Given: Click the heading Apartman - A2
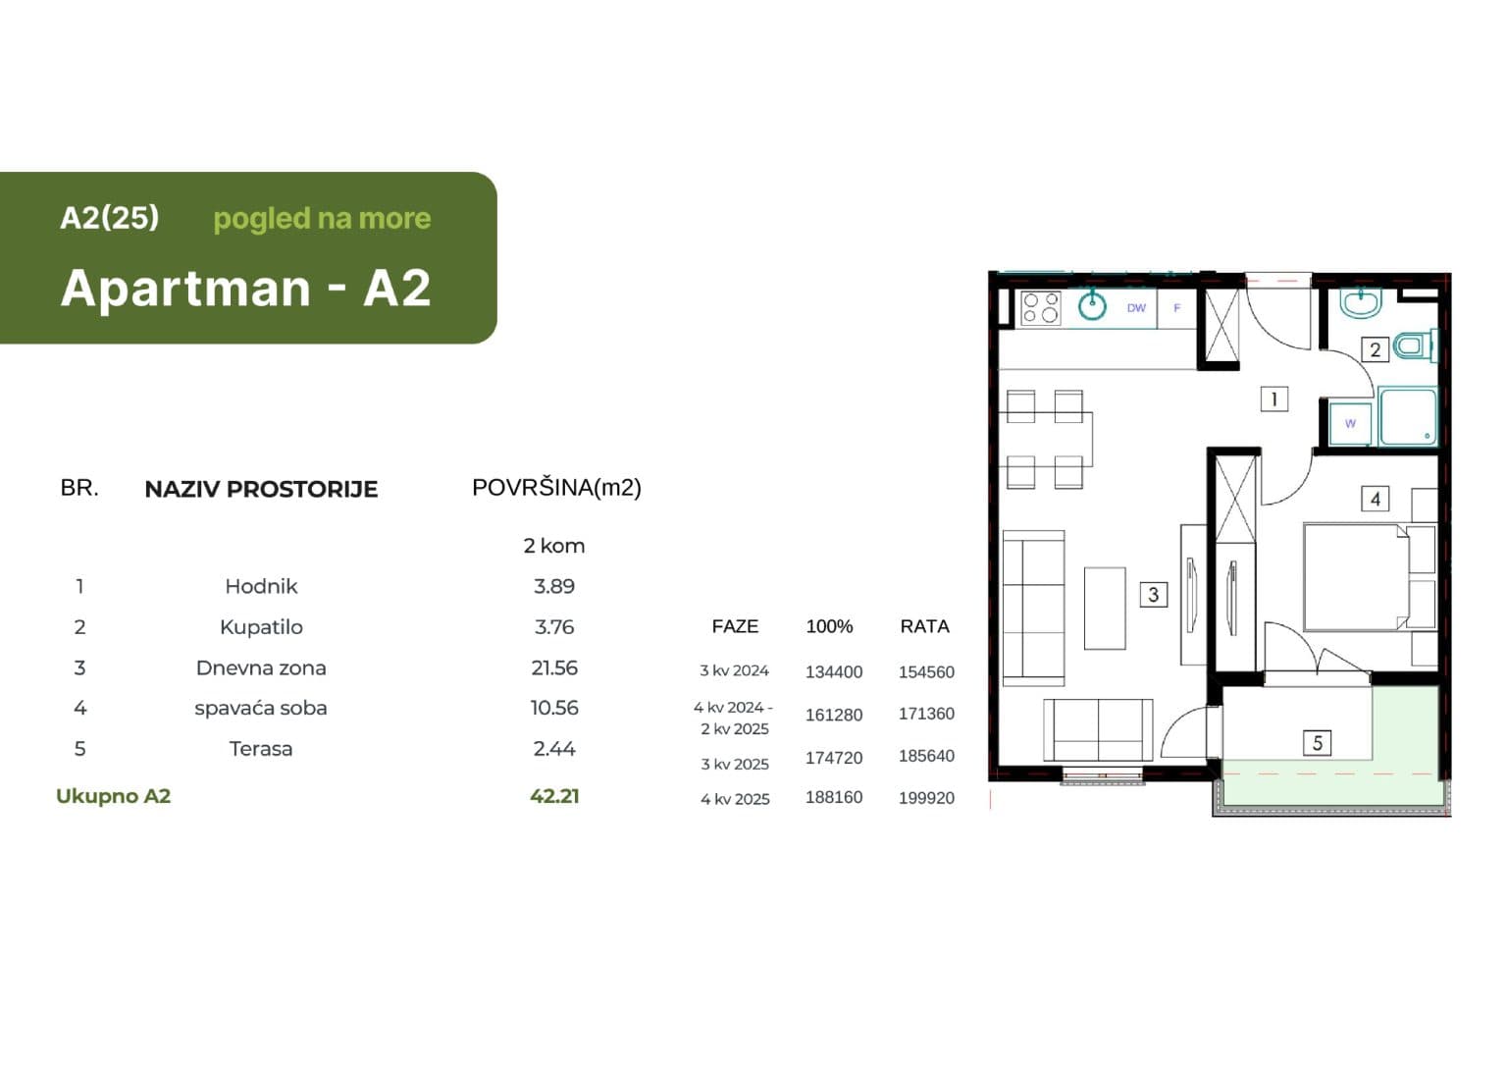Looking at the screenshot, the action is tap(245, 288).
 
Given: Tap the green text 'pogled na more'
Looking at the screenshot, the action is tap(322, 219).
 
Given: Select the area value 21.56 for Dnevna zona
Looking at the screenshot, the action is tap(554, 667).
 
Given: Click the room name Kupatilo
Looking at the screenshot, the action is tap(261, 627).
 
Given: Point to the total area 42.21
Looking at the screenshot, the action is tap(554, 796).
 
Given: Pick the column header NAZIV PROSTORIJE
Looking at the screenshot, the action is tap(261, 489).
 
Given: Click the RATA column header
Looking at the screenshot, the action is tap(924, 626).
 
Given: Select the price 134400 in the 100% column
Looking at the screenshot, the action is tap(834, 671).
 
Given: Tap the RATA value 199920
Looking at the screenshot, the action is tap(926, 798).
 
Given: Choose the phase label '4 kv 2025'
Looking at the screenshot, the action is tap(735, 799).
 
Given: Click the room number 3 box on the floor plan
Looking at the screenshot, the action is tap(1153, 594).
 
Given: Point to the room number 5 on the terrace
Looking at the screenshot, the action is tap(1318, 743).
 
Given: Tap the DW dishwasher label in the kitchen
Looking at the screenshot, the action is tap(1136, 307).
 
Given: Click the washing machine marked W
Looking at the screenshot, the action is tap(1350, 423).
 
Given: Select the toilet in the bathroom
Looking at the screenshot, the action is tap(1415, 346).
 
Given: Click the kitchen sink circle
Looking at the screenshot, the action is tap(1092, 307).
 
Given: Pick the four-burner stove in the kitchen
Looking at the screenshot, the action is tap(1041, 308).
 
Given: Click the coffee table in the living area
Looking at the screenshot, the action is tap(1105, 609).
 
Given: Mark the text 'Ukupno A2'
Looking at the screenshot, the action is tap(113, 796).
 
